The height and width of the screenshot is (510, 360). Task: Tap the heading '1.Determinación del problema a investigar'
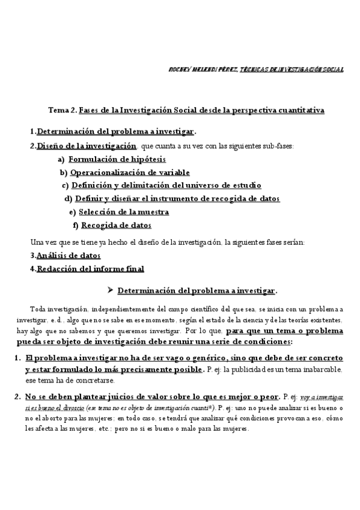115,132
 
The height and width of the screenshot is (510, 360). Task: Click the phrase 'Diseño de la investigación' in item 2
87,146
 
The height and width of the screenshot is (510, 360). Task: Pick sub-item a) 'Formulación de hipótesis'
117,159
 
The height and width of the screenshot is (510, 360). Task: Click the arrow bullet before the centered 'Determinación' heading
110,290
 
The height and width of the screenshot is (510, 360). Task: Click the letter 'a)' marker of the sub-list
61,159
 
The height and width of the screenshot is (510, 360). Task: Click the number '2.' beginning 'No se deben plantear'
17,396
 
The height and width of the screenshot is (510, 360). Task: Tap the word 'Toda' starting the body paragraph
37,308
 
